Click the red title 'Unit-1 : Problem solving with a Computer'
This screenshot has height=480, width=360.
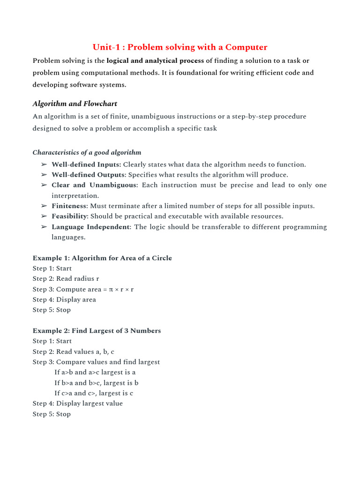180,47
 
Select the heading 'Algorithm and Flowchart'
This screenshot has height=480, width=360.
75,104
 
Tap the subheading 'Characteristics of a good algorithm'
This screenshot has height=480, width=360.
87,152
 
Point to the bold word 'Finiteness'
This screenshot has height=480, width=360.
69,206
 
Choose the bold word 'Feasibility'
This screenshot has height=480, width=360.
69,216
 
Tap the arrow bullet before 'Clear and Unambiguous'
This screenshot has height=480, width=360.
44,185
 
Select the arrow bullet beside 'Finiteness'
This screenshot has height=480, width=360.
44,206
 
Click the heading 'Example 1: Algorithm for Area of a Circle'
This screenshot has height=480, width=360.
102,258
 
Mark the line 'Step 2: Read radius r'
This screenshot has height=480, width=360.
66,278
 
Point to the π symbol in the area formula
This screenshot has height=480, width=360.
111,289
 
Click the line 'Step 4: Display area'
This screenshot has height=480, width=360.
64,300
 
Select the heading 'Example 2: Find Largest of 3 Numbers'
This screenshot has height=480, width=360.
97,330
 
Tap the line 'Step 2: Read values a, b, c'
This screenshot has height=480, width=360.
73,352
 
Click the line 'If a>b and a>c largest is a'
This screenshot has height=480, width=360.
95,372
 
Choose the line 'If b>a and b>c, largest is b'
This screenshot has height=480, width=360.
96,382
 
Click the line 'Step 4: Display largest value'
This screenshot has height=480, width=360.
77,403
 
